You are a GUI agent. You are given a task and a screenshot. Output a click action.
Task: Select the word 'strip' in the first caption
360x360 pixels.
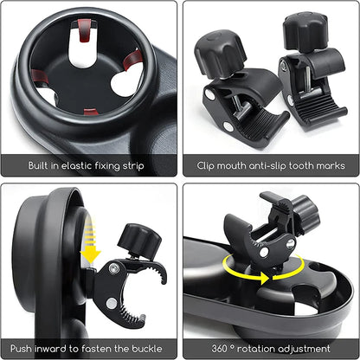(132, 164)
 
